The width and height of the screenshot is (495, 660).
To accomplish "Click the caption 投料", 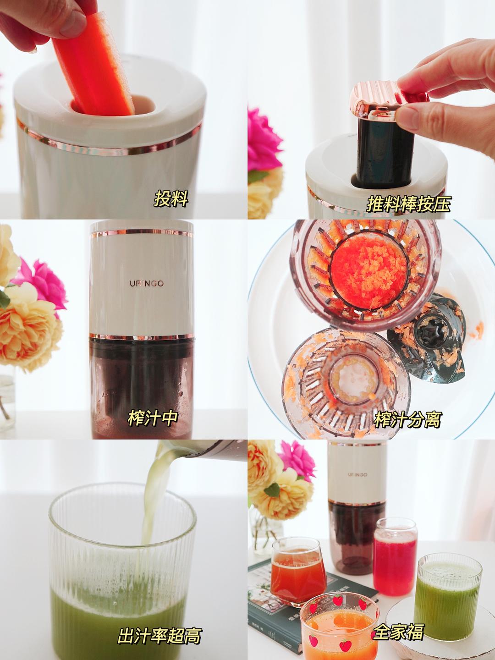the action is coord(171,198).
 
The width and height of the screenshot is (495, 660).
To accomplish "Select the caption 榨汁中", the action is coord(153,418).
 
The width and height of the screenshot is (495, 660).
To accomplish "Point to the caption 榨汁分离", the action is coord(407,419).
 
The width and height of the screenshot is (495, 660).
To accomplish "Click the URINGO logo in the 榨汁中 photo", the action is coord(147,283).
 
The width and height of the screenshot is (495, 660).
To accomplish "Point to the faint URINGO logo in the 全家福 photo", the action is coord(357,475).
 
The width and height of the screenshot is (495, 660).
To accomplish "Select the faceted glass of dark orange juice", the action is coord(298,563).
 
